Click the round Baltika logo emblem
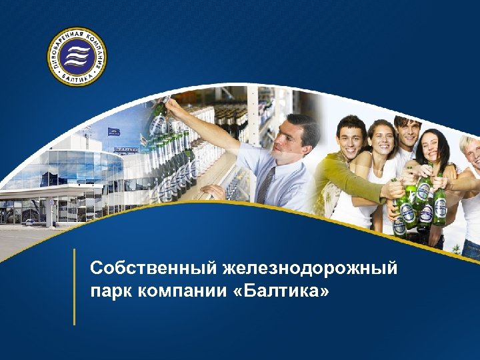(77, 57)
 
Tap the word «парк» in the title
(109, 291)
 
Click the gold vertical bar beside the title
(74, 287)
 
